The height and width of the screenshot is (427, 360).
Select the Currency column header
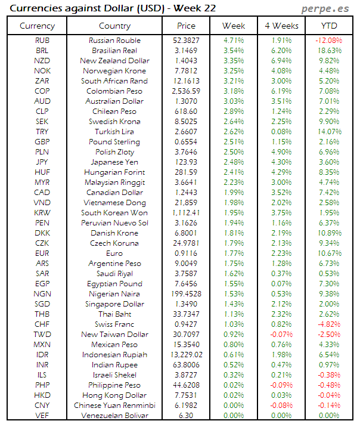click(37, 26)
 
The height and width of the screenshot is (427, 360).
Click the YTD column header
click(328, 26)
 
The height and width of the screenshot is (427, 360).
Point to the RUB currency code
click(42, 41)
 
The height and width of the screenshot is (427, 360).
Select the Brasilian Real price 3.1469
click(186, 51)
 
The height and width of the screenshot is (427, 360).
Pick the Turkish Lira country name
click(114, 132)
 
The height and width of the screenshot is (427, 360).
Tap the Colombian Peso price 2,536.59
click(186, 91)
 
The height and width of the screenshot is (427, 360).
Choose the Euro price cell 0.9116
click(186, 253)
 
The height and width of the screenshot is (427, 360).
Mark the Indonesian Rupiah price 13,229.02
click(186, 355)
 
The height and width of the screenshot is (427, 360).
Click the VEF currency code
click(42, 416)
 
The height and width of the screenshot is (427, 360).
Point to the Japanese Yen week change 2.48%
click(234, 162)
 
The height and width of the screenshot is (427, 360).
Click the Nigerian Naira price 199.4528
click(186, 294)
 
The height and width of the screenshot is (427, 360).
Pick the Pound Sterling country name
click(114, 142)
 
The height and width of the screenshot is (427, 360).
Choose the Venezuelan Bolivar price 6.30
click(186, 416)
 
